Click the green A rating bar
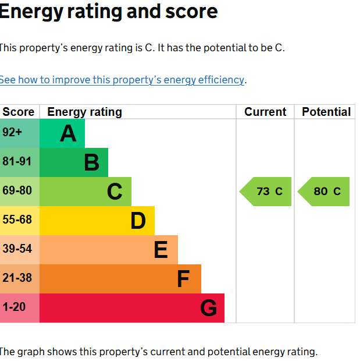click(62, 133)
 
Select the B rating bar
click(74, 162)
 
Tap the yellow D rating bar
click(97, 221)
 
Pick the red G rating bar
click(132, 308)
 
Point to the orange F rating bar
click(120, 279)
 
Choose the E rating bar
click(109, 250)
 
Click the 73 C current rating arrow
click(265, 192)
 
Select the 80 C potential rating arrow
click(323, 192)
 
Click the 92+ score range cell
click(20, 133)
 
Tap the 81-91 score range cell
click(20, 162)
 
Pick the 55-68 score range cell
click(20, 221)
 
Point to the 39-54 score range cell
click(20, 250)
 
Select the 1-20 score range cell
click(20, 308)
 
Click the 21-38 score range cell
click(20, 279)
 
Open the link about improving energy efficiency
click(122, 80)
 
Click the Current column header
click(265, 112)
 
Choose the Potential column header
click(326, 112)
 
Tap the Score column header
click(19, 112)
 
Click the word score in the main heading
click(191, 12)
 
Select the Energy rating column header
click(85, 112)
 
